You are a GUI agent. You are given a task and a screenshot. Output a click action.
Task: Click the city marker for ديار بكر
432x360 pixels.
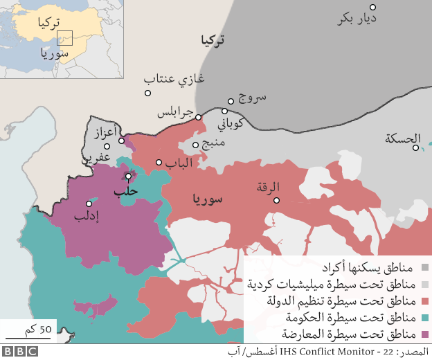coord(372,8)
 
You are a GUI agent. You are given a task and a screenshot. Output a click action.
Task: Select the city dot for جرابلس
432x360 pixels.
coord(198,117)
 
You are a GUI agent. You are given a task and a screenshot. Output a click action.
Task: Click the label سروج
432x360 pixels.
coord(252,98)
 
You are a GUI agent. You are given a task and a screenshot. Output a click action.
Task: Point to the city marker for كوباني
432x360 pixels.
coord(225,111)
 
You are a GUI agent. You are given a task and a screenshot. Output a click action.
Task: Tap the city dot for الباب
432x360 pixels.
coord(159,163)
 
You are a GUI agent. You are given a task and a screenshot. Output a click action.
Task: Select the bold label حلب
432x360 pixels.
coord(125,190)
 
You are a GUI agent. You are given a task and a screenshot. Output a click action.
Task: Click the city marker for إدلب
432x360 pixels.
coord(89,204)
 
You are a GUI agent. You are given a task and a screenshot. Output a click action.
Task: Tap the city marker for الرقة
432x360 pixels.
coord(276,200)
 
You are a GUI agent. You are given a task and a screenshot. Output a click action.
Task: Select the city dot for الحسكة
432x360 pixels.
coord(415,147)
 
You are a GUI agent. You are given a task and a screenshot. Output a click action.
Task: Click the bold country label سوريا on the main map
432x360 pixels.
coord(208,201)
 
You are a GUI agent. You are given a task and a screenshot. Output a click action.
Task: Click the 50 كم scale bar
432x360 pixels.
coord(28,338)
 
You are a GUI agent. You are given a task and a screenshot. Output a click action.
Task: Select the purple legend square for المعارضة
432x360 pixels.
coord(424,334)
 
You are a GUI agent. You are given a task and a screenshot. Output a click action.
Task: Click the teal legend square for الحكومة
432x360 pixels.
coord(424,318)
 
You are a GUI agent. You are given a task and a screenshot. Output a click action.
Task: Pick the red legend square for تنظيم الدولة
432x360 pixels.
coord(424,301)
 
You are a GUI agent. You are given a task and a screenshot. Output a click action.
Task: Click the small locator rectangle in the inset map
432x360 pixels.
coord(64,39)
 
